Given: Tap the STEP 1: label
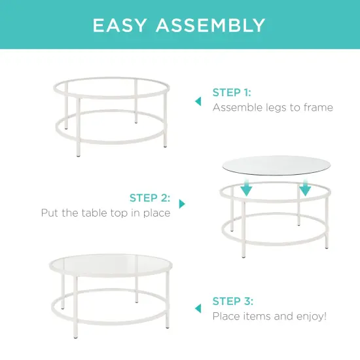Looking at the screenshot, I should pos(232,92).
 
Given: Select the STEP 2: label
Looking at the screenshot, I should pos(150,198).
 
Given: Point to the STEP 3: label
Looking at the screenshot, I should pos(232,301).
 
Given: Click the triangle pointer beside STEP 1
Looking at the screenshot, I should pos(198,101).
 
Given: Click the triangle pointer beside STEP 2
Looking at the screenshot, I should pos(182,204).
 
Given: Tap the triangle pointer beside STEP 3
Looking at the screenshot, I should pos(198,308).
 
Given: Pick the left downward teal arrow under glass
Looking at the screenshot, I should pos(246,189).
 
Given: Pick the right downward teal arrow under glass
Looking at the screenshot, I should pos(305,189).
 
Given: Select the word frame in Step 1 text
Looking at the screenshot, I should pos(318,107).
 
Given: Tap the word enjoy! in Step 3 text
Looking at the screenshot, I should pos(312,316).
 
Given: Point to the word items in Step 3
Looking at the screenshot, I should pos(256,316).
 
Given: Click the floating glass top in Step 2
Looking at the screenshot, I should pos(276,165).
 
